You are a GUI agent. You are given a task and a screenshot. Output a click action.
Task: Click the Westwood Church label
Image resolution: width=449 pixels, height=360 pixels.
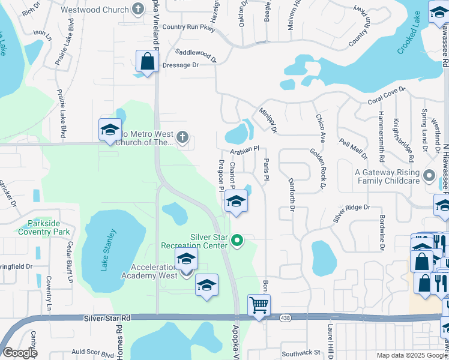[x=100, y=10]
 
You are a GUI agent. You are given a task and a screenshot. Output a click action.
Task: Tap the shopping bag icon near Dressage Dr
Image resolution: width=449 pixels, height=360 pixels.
[x=147, y=61]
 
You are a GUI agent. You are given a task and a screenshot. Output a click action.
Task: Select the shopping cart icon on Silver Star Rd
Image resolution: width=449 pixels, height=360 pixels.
[x=259, y=305]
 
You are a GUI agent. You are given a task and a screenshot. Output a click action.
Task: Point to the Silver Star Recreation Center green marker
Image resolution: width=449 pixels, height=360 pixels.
[x=237, y=241]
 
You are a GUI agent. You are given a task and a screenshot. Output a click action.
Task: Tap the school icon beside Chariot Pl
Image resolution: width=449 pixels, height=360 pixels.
[x=236, y=202]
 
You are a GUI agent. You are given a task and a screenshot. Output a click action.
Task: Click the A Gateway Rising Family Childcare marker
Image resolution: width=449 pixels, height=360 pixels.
[x=429, y=176]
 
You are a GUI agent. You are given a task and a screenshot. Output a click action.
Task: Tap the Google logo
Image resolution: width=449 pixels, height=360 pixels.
[x=20, y=353]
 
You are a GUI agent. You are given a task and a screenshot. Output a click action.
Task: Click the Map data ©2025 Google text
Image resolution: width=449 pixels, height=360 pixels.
[x=412, y=355]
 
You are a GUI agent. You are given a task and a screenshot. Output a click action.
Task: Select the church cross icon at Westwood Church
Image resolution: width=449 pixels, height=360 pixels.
[x=139, y=9]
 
